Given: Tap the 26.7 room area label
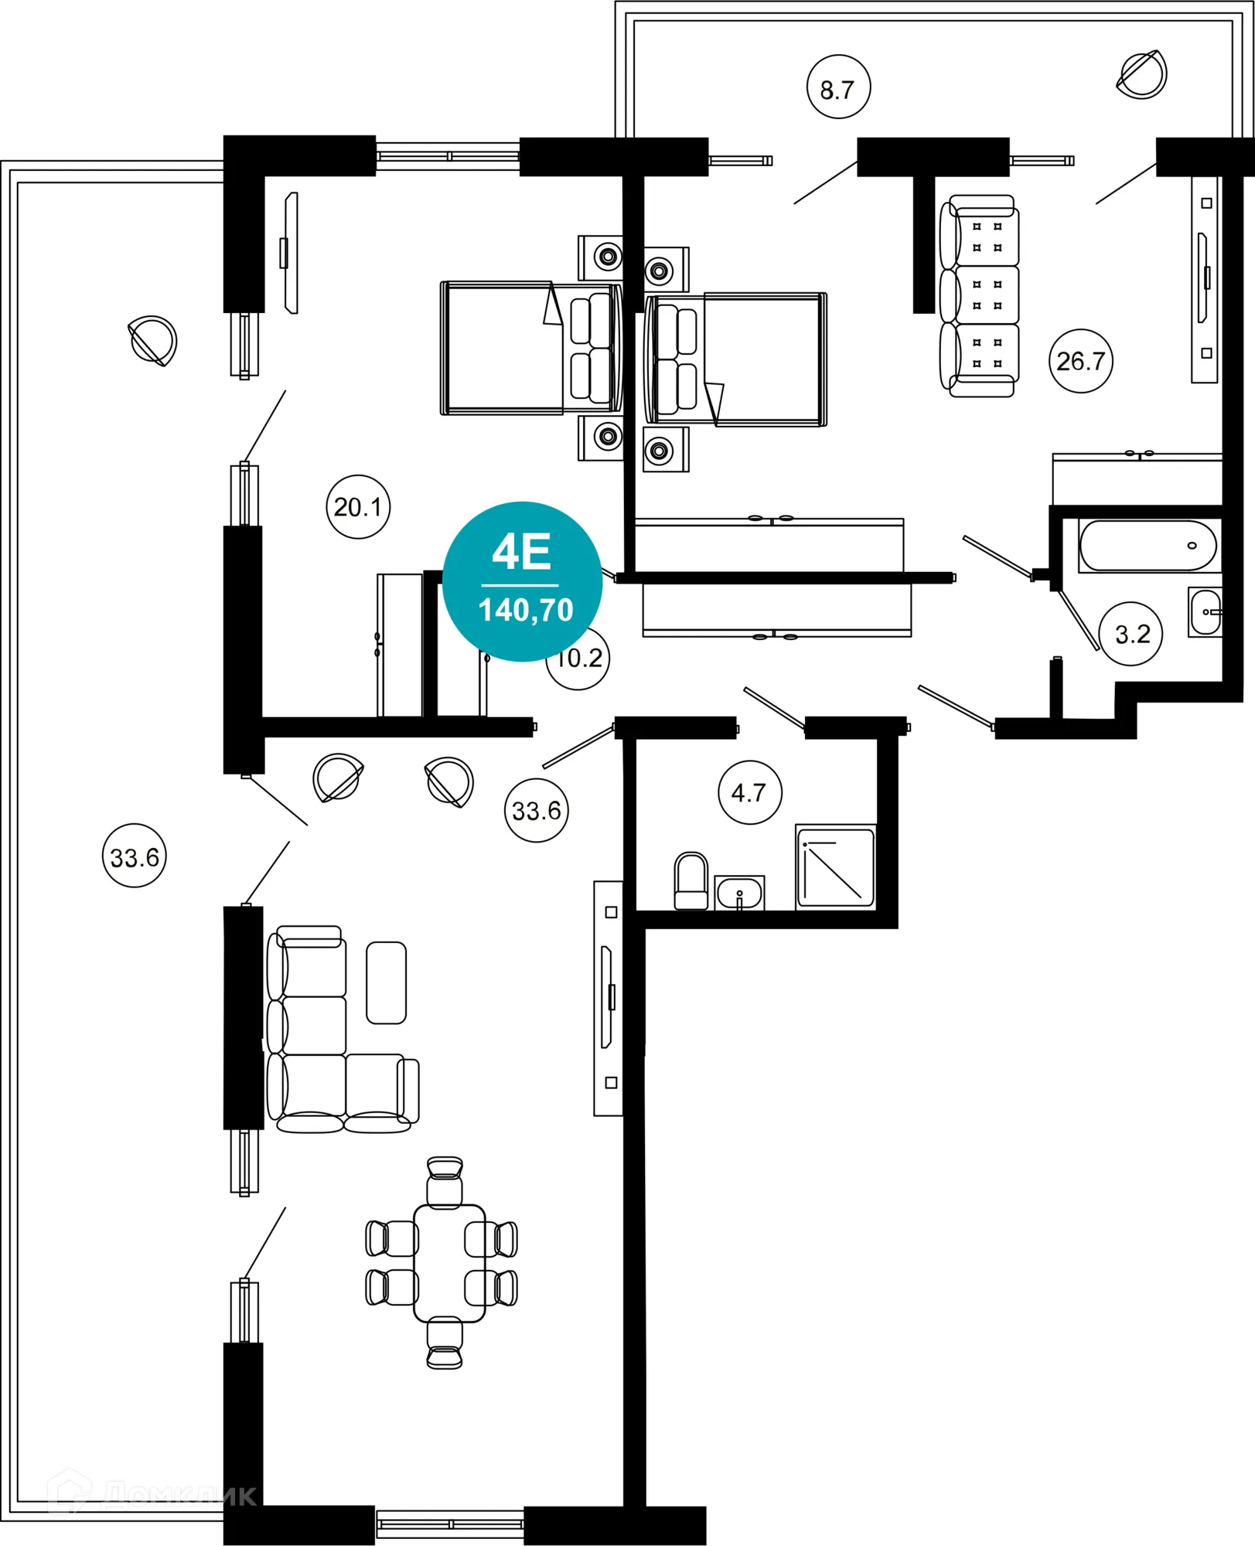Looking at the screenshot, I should tap(1080, 361).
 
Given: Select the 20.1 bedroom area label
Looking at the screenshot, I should tap(358, 507).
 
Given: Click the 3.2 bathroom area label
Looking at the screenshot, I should tap(1131, 635).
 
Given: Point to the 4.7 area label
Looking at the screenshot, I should tap(749, 792).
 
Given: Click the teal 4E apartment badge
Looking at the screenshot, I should tap(523, 581).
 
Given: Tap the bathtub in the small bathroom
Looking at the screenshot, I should tap(1148, 546).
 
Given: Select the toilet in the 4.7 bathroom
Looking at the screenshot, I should tap(691, 882).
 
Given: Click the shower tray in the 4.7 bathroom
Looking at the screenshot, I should tap(836, 867).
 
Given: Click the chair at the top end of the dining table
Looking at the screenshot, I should tap(445, 1181).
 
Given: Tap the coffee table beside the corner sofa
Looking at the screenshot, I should tap(386, 983).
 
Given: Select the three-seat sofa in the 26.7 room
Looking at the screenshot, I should tap(979, 296).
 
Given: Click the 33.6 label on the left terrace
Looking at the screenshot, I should tap(135, 856).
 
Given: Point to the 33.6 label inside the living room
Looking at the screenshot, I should tap(537, 811).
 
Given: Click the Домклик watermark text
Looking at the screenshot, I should tap(178, 1497).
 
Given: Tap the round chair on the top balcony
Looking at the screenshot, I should tap(1142, 75).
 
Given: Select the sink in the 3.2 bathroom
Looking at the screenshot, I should tap(1205, 611).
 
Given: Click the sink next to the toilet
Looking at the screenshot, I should tap(739, 894).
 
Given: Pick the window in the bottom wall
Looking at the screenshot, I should tap(449, 1524).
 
